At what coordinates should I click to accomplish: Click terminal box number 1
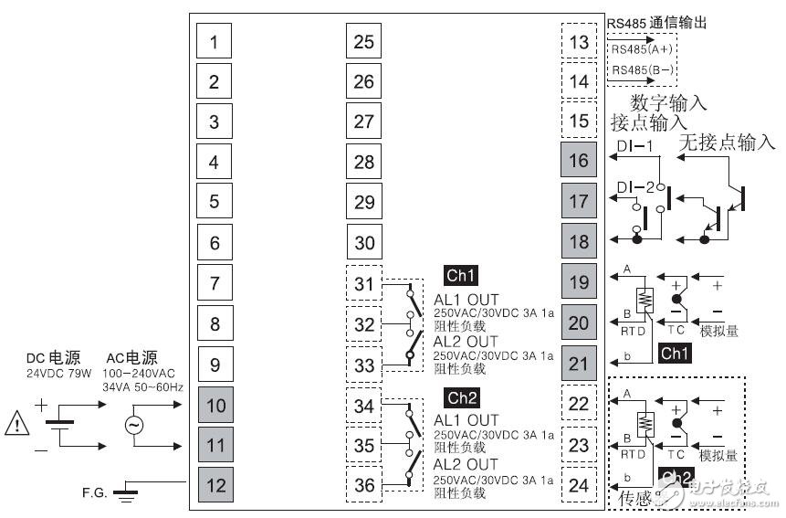[x=214, y=42]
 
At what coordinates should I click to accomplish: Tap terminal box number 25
[x=363, y=42]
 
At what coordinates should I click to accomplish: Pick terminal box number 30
[x=363, y=243]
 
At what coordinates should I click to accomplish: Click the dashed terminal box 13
[x=578, y=42]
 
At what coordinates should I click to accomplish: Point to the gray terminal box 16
[x=578, y=162]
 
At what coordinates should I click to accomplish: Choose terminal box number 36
[x=363, y=485]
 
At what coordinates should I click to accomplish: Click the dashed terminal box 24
[x=578, y=485]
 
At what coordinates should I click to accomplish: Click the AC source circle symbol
[x=133, y=425]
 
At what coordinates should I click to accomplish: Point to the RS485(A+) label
[x=641, y=49]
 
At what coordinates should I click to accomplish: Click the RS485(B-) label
[x=641, y=69]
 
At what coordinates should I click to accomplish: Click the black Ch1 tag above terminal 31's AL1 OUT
[x=461, y=275]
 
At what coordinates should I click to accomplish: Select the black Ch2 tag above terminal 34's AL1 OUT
[x=461, y=398]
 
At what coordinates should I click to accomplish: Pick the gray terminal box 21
[x=578, y=363]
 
